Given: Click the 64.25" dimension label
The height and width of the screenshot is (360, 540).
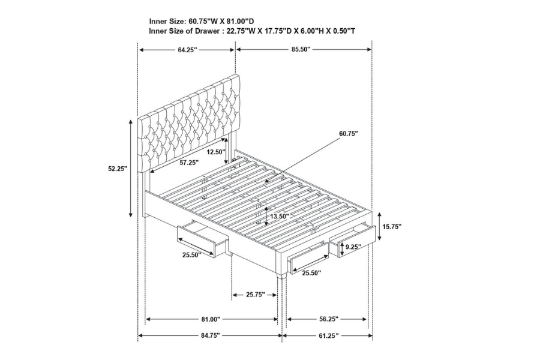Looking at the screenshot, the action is [187, 50].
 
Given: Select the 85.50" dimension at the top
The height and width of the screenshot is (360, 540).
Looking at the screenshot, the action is [301, 50].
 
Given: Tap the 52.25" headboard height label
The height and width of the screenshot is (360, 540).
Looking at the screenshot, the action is [118, 169].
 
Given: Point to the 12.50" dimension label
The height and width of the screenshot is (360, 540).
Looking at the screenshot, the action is [216, 152].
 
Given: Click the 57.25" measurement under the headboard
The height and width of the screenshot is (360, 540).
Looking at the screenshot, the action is [189, 163].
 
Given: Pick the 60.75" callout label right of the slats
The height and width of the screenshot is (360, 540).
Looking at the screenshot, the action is [349, 133].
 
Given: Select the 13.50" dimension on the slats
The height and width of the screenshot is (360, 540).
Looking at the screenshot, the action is [280, 217].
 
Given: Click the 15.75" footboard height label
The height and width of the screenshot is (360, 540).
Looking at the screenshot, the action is [392, 227].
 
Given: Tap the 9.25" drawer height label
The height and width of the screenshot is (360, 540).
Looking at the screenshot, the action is [353, 247].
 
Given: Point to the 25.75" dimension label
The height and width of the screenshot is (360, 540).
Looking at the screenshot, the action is [255, 295].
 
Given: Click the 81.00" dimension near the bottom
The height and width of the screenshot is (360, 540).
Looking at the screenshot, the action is [211, 319].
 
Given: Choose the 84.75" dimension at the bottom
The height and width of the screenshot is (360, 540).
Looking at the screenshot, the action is [210, 335].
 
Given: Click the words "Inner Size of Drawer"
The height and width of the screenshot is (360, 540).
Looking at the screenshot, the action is [184, 31].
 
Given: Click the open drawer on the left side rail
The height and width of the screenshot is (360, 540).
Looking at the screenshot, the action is [203, 238].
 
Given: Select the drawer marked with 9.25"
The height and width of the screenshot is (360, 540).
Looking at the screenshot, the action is [352, 241].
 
